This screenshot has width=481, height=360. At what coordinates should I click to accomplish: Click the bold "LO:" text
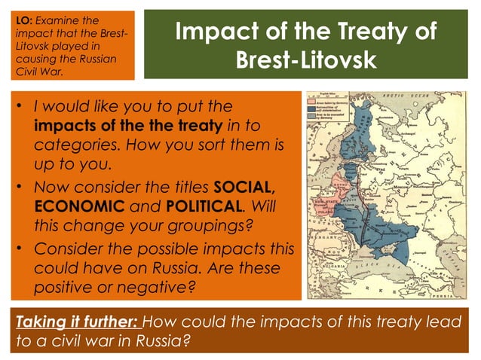(x=23, y=18)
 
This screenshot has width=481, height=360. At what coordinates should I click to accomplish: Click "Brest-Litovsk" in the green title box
(x=305, y=59)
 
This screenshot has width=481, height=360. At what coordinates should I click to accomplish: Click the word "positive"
(x=65, y=288)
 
